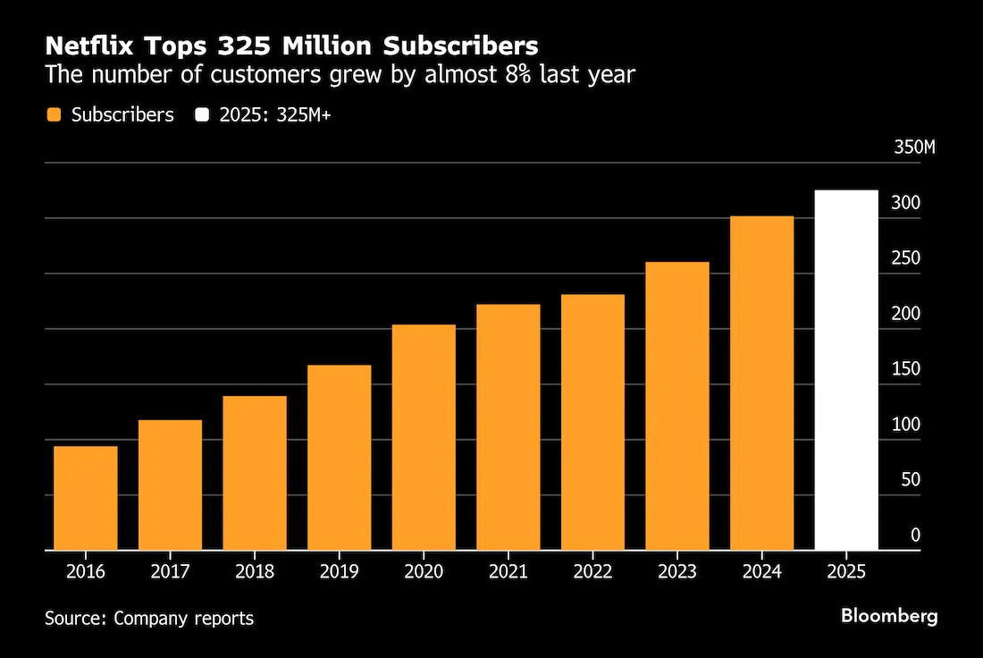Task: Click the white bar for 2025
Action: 846,370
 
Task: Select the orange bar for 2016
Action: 86,498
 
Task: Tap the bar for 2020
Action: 424,437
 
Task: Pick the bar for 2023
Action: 676,406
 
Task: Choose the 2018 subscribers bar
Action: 255,473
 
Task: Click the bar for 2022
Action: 592,422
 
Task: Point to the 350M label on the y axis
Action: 914,148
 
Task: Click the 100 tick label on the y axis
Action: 906,425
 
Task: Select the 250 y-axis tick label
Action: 906,258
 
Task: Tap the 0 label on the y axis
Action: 915,536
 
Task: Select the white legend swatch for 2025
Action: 203,115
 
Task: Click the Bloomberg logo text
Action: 889,616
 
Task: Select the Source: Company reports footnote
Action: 149,618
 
